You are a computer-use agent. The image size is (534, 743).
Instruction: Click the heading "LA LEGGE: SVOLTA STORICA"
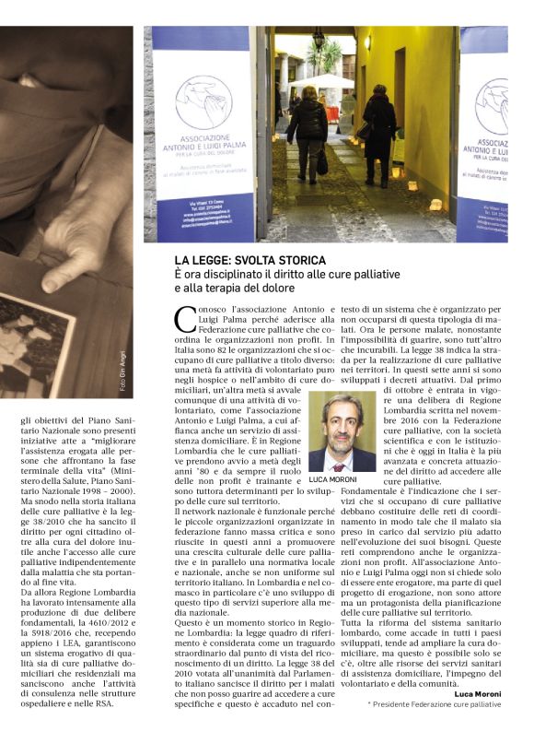click(250, 261)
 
